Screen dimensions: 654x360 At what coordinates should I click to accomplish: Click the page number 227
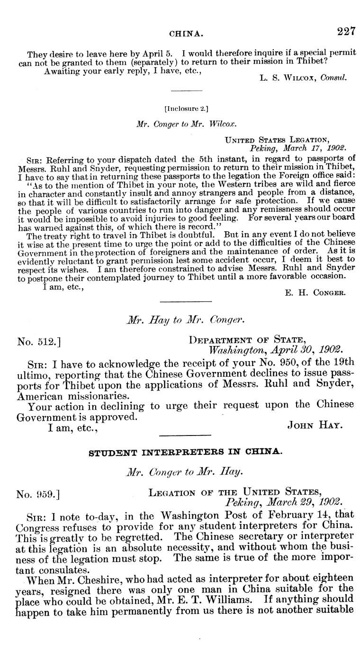(x=346, y=32)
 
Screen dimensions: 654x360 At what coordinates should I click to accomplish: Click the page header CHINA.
(x=187, y=34)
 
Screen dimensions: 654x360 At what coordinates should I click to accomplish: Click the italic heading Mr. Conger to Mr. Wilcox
(x=186, y=123)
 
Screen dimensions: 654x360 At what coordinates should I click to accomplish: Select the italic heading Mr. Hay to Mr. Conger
(x=186, y=321)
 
